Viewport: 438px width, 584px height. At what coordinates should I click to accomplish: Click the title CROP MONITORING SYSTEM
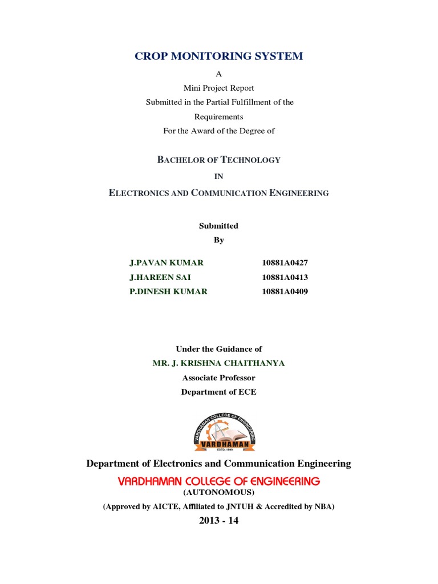(x=218, y=56)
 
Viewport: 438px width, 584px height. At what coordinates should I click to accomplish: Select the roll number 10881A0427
(x=285, y=263)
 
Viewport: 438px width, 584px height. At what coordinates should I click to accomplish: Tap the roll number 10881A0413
(x=285, y=277)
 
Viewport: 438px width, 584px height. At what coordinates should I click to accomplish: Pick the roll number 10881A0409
(x=285, y=291)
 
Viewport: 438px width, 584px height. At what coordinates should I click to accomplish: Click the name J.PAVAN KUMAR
(x=167, y=263)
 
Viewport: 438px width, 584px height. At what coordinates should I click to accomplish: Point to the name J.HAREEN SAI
(x=160, y=277)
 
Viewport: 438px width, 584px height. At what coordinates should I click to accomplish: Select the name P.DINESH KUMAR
(x=168, y=291)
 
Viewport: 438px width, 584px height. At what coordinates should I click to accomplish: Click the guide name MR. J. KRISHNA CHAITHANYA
(x=218, y=363)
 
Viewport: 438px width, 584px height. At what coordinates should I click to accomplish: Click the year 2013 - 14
(x=218, y=520)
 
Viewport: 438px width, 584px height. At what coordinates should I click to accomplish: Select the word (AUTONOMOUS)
(x=218, y=493)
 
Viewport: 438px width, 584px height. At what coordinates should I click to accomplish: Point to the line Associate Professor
(x=218, y=378)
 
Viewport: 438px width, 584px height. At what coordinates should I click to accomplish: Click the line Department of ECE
(x=218, y=392)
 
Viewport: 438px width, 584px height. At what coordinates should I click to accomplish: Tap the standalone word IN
(x=218, y=177)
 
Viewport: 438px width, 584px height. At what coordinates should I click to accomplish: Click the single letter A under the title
(x=218, y=74)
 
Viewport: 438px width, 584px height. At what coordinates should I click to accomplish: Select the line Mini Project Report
(x=218, y=88)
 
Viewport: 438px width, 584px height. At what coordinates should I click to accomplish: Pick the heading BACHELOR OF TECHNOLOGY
(x=218, y=160)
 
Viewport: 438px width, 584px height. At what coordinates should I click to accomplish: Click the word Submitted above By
(x=218, y=226)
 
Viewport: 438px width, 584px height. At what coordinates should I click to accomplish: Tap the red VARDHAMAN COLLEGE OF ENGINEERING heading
(x=218, y=481)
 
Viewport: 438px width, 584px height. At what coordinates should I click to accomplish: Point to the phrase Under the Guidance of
(x=218, y=349)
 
